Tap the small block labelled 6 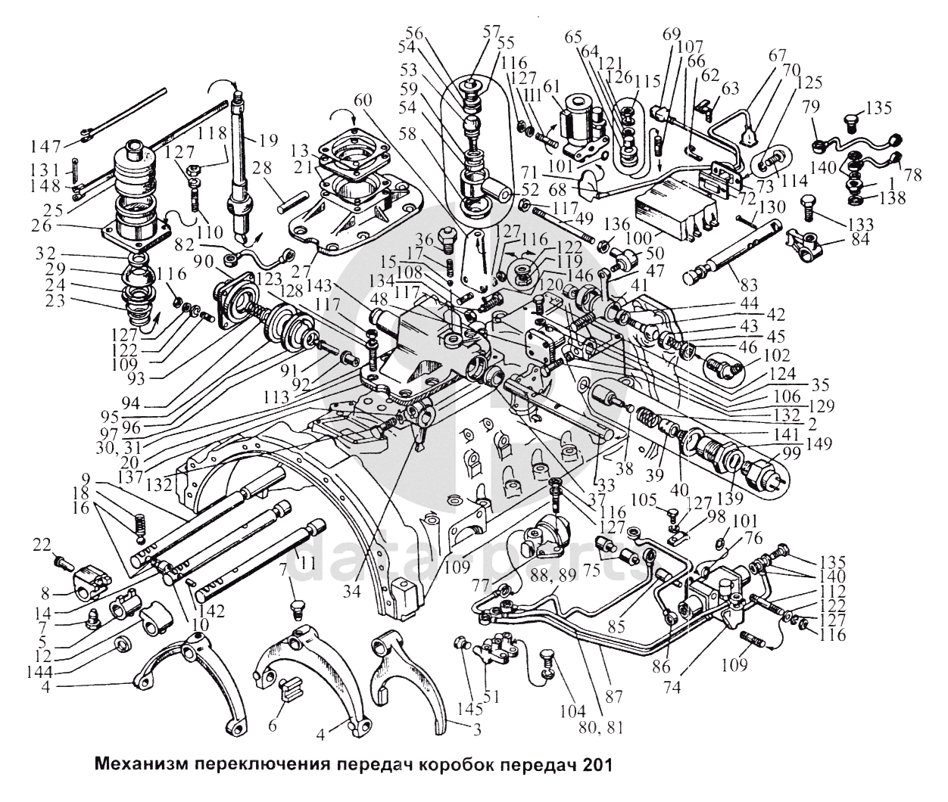point(291,689)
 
